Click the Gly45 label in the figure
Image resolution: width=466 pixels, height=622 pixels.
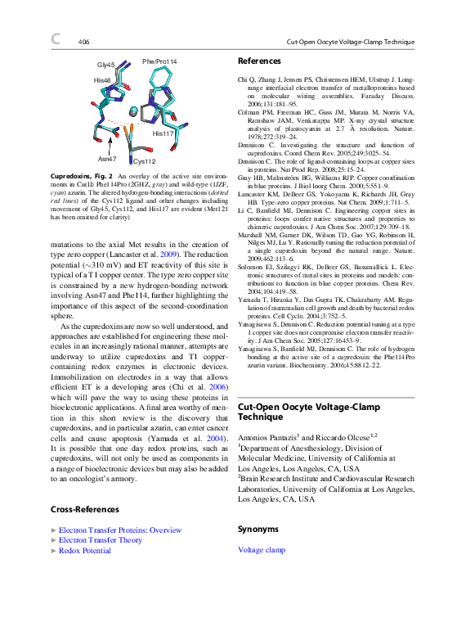106,64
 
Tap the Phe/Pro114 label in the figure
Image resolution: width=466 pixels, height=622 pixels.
159,61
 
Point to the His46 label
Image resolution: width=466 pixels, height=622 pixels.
102,80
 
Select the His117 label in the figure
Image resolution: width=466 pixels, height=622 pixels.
164,133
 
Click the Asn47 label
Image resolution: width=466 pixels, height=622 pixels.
107,158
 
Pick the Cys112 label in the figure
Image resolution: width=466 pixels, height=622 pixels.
144,161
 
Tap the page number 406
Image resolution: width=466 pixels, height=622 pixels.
83,42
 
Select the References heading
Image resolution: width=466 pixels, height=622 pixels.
258,61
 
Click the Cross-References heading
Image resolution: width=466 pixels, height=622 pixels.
85,510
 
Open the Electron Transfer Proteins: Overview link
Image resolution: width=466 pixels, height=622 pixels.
120,530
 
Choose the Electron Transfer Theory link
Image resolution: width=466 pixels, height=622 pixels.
101,540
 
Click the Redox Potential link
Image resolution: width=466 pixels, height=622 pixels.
85,551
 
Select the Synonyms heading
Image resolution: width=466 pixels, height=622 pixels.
258,530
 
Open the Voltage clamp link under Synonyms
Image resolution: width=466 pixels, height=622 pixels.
262,550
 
